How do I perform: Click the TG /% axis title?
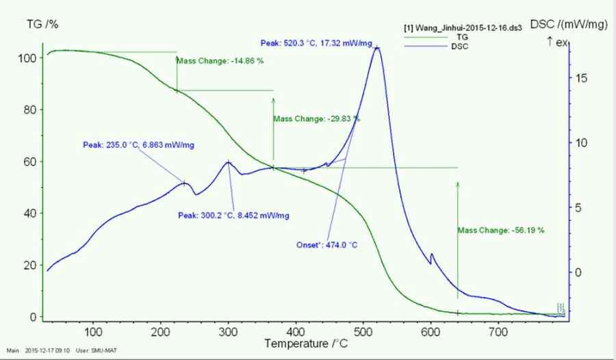[x=42, y=25]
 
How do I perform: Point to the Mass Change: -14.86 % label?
[x=220, y=61]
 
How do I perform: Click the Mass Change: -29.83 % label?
[x=316, y=119]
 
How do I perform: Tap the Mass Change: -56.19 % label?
[x=501, y=231]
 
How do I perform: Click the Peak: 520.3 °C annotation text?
[x=316, y=43]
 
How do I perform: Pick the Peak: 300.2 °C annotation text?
[x=233, y=216]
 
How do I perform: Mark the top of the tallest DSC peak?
[x=376, y=47]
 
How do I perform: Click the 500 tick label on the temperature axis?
[x=363, y=332]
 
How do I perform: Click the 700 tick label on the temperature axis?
[x=498, y=332]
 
